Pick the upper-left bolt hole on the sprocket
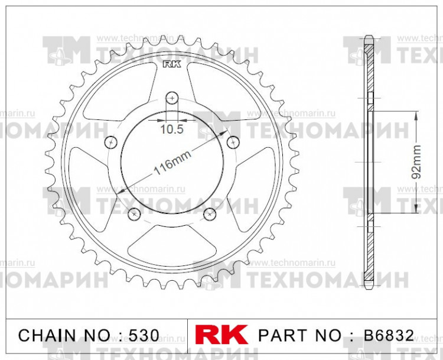pos(110,142)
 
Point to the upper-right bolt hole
pos(233,142)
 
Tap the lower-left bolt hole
pos(134,213)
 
